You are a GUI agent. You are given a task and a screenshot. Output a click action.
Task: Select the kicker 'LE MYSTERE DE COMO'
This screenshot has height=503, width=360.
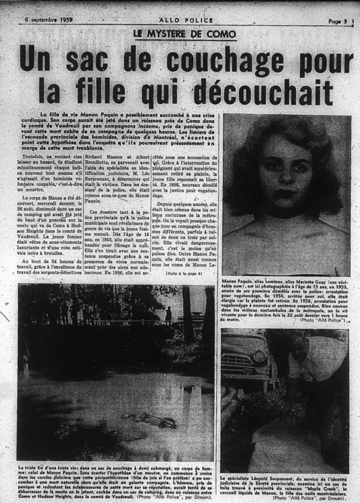[185, 34]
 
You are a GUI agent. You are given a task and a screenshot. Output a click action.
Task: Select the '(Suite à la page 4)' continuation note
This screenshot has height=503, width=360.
[184, 273]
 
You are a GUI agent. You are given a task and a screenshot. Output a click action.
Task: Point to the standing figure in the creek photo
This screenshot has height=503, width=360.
[168, 314]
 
